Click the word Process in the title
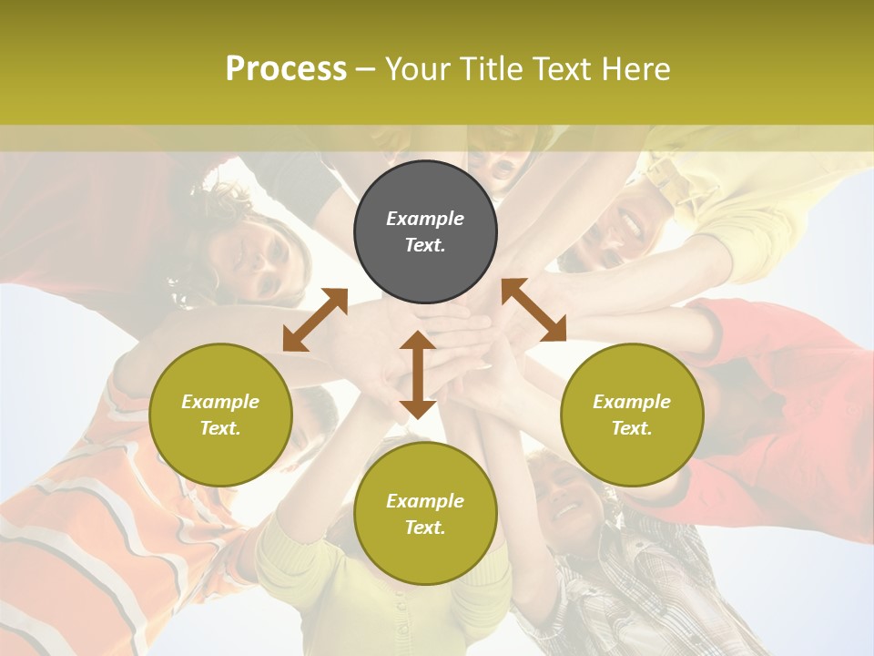[x=286, y=69]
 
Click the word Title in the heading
[x=491, y=69]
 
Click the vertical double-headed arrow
[x=417, y=374]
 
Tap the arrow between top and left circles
[x=315, y=320]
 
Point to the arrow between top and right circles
[x=534, y=310]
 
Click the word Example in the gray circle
[x=425, y=219]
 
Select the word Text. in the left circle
[x=220, y=428]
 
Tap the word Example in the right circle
[x=632, y=402]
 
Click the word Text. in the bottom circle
[x=425, y=528]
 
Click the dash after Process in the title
[x=365, y=69]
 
